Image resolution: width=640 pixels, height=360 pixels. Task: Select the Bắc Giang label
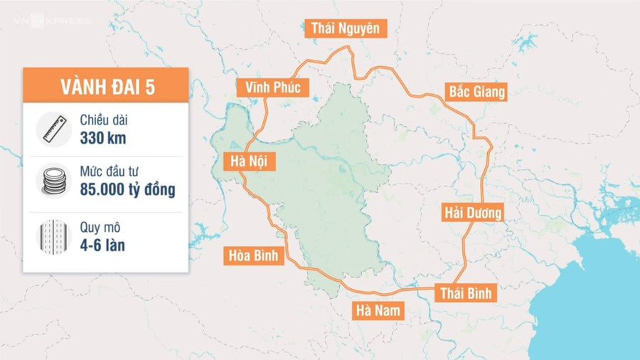(476, 91)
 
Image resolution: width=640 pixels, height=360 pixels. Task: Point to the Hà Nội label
(243, 161)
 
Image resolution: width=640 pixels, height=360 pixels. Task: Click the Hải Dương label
(473, 212)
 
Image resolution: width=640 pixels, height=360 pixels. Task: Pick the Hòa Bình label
(253, 255)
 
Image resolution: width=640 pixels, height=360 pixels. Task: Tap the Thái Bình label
(465, 293)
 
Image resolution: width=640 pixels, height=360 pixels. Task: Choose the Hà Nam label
(380, 310)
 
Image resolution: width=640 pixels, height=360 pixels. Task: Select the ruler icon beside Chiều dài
(53, 129)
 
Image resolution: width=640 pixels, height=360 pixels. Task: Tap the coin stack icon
(53, 183)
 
